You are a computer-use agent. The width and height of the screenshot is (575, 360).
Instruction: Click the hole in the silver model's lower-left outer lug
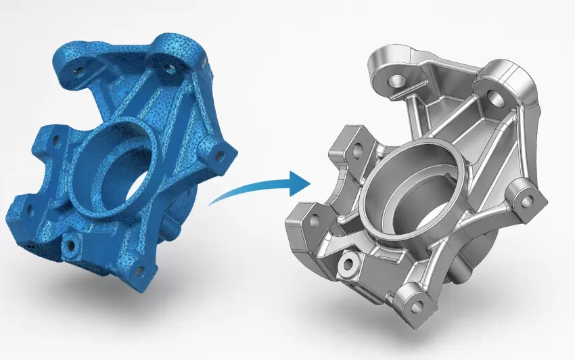315,221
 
